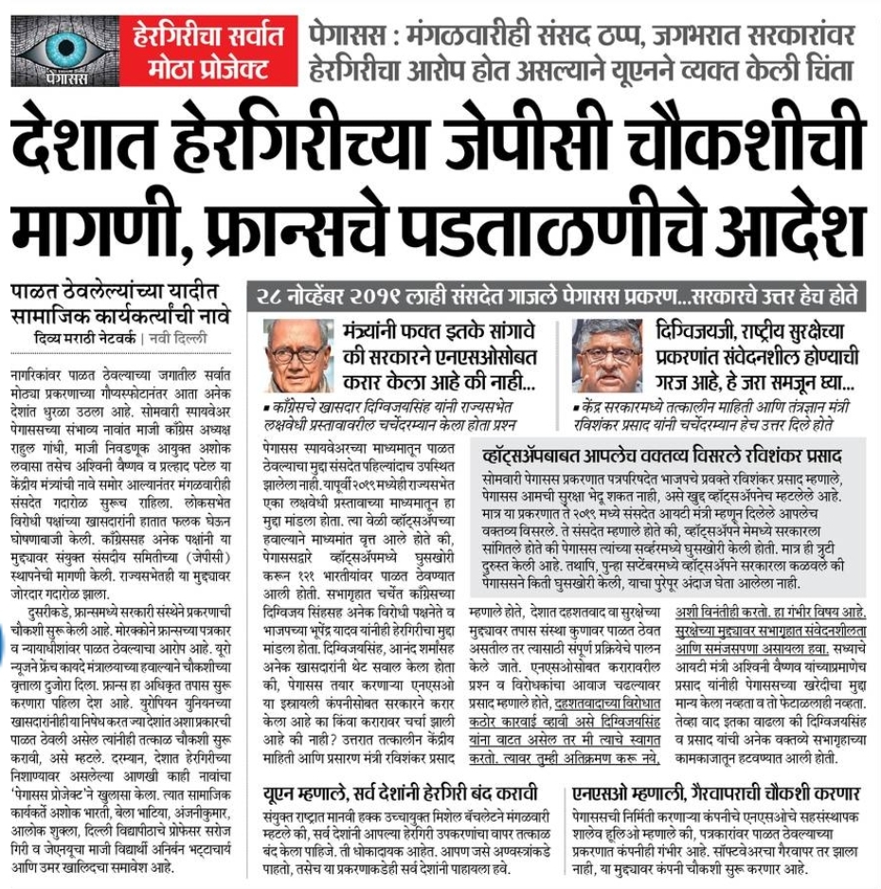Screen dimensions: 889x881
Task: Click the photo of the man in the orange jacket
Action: [x=608, y=356]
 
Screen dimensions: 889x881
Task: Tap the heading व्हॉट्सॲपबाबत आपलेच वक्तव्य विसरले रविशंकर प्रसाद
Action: [x=663, y=455]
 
